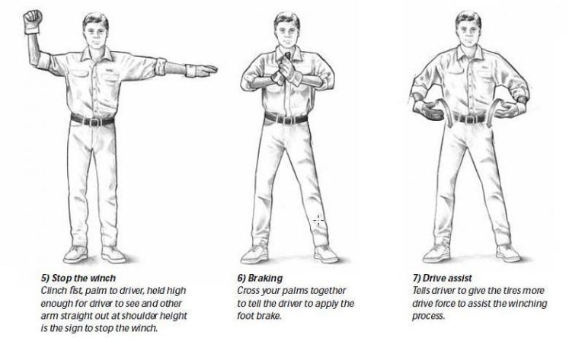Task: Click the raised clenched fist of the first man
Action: pyautogui.click(x=31, y=18)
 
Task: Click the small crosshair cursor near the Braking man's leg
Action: pyautogui.click(x=318, y=220)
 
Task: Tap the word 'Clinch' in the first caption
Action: pyautogui.click(x=56, y=292)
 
